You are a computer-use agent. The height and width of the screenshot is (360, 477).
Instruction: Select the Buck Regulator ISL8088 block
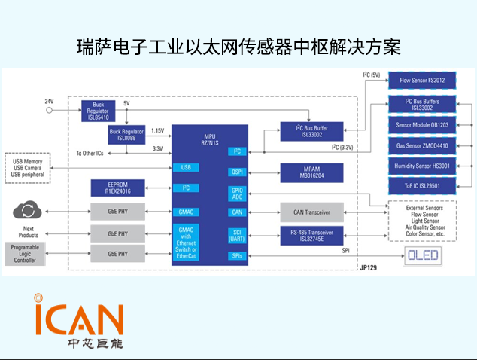coord(126,134)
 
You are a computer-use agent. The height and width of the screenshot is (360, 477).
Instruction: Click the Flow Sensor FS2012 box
coord(422,80)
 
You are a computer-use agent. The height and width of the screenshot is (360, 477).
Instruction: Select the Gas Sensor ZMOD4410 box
coord(422,145)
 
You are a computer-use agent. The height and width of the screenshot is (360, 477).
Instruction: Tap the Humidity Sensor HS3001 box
coord(422,166)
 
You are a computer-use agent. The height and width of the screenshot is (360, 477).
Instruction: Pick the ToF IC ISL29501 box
coord(422,186)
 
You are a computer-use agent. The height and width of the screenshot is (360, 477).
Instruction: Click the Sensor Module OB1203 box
coord(422,124)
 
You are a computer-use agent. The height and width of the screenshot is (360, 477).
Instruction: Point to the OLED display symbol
coord(423,256)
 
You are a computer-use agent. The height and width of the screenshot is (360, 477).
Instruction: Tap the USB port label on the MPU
coord(186,167)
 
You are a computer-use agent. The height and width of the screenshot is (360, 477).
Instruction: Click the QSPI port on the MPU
coord(236,172)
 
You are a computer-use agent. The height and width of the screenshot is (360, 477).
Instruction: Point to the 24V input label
coord(49,102)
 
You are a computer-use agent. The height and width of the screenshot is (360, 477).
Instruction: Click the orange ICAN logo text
coord(79,317)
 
